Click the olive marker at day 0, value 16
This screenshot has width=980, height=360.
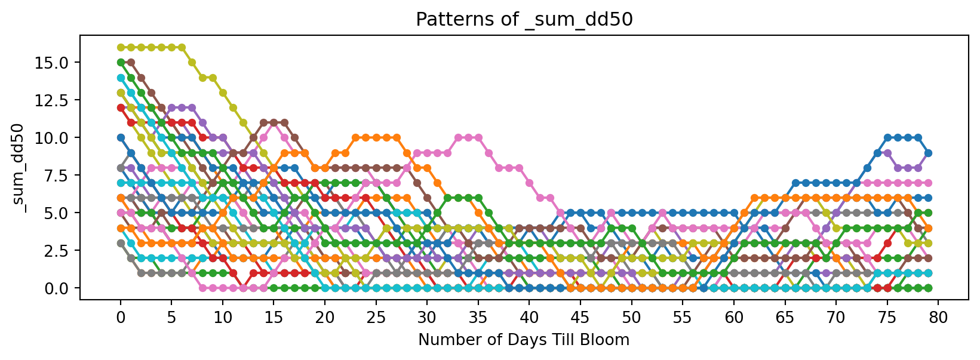click(121, 47)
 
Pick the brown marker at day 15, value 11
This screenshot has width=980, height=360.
click(274, 122)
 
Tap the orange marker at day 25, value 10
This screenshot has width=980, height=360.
click(376, 137)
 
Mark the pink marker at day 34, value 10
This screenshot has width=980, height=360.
click(468, 137)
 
